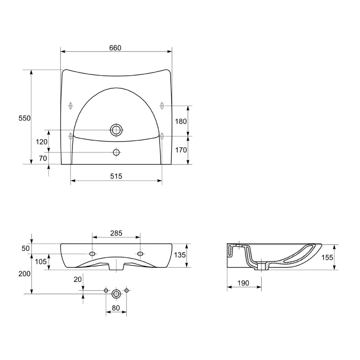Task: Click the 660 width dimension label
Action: click(115, 48)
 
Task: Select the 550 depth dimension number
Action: click(24, 118)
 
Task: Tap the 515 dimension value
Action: click(116, 176)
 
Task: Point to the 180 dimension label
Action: click(181, 121)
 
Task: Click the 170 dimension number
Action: click(181, 150)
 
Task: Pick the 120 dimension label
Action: click(41, 142)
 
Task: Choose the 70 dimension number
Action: click(43, 158)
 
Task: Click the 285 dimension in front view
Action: click(116, 233)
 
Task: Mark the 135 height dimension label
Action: click(180, 255)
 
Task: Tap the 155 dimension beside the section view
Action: click(327, 258)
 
